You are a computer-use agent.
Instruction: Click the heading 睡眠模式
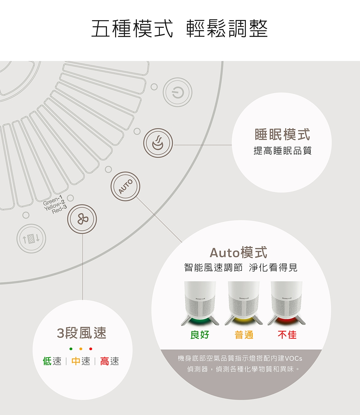(x=282, y=135)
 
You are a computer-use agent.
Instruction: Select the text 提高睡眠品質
(x=282, y=151)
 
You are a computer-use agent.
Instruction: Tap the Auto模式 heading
(x=238, y=253)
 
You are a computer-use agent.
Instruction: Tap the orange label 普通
(x=244, y=335)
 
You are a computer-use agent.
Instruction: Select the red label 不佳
(x=287, y=335)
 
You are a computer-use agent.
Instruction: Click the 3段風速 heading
(x=82, y=333)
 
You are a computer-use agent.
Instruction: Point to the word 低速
(x=52, y=361)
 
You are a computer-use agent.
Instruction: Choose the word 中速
(x=81, y=361)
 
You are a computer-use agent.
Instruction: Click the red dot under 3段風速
(x=91, y=349)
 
